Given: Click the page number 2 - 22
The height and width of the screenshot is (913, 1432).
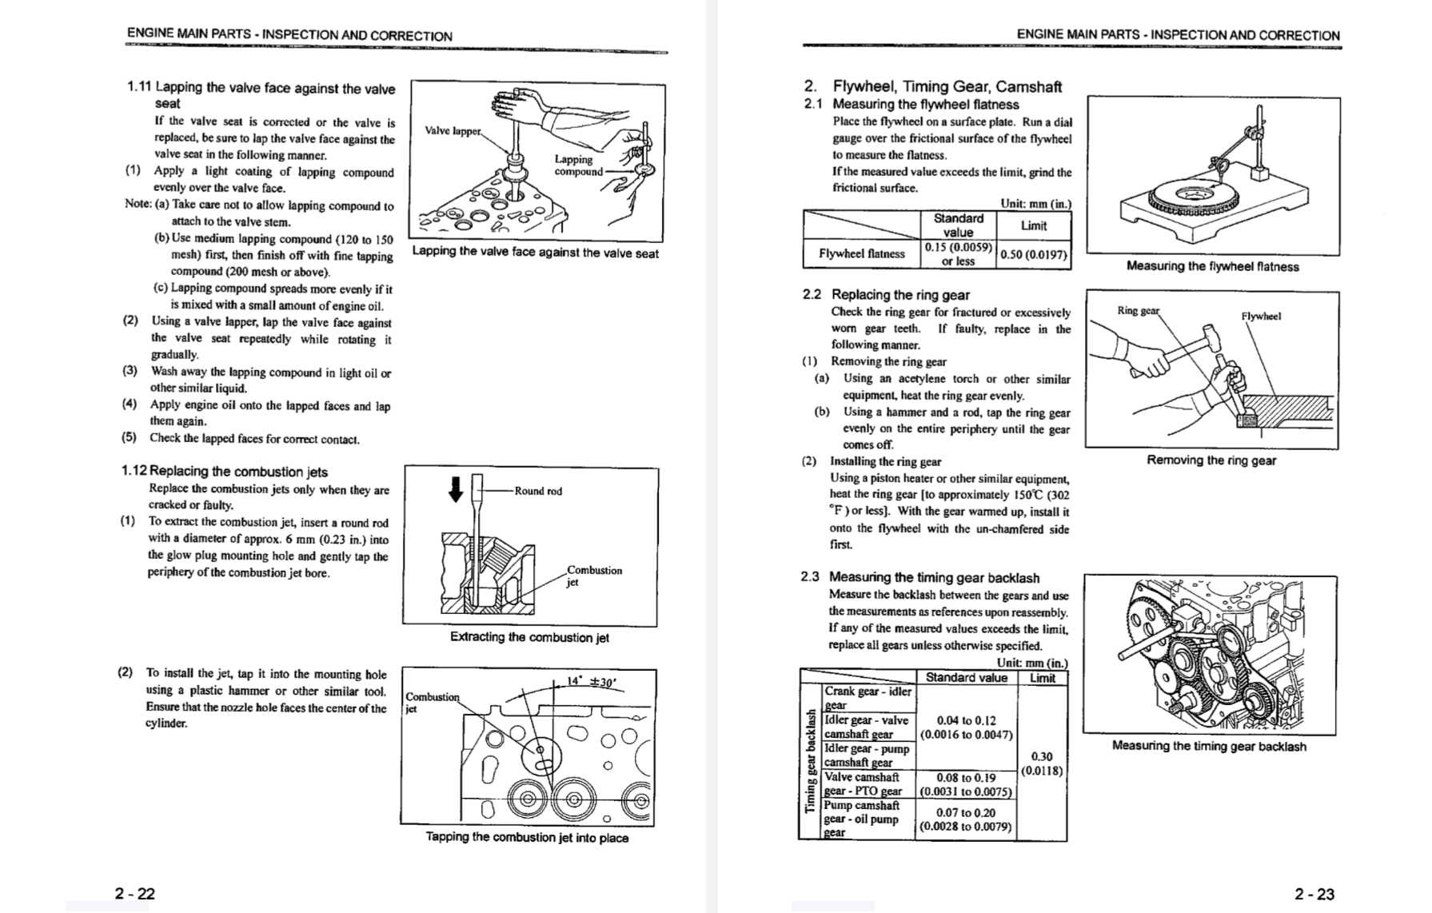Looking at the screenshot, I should (x=134, y=893).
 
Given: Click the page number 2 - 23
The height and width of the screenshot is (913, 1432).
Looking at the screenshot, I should (x=1314, y=894).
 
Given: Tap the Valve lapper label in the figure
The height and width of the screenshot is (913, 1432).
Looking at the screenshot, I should (x=453, y=130).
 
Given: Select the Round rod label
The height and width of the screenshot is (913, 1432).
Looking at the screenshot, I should (x=538, y=491).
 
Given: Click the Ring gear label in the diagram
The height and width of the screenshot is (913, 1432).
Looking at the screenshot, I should (x=1138, y=310).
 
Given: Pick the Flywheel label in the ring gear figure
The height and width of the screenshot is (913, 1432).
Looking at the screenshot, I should (x=1261, y=316).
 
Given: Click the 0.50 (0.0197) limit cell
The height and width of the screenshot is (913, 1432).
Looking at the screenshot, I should (x=1033, y=254).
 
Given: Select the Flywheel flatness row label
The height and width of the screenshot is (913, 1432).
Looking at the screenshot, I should (x=862, y=254).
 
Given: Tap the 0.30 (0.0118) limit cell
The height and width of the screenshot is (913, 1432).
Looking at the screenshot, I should (x=1042, y=763).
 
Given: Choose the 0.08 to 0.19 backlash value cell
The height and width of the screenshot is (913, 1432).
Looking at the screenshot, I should (x=966, y=784).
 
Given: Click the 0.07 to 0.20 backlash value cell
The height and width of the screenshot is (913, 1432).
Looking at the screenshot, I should (x=966, y=819).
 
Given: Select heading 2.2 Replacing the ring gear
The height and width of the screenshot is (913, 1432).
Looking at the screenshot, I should (x=886, y=294).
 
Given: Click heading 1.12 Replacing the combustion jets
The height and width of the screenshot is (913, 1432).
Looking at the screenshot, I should (x=225, y=472).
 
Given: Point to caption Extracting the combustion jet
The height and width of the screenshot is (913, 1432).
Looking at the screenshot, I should (x=529, y=637).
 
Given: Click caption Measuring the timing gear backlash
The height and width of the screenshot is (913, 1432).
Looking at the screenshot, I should (x=1209, y=746).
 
